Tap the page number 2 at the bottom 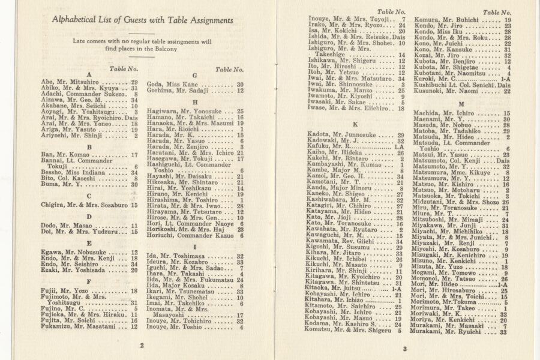142,345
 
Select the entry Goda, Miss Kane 173,85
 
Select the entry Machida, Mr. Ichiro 456,113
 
